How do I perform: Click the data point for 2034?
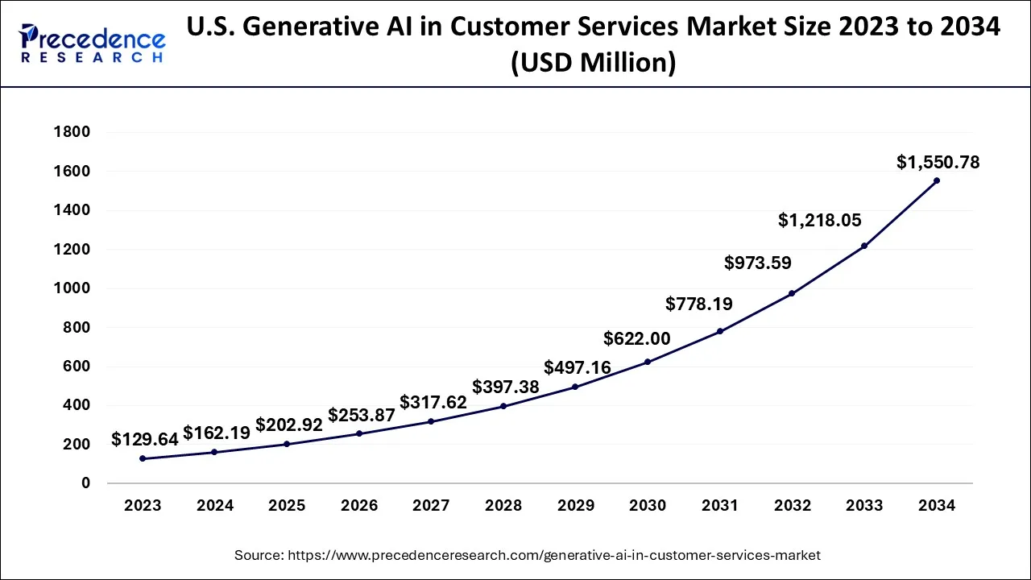click(x=937, y=180)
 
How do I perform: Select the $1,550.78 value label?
click(x=938, y=163)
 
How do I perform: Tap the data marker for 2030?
click(x=648, y=362)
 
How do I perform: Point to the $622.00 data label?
click(x=637, y=339)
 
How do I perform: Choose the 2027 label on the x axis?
click(x=431, y=506)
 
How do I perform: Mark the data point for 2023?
click(x=143, y=458)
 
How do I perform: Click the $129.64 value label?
click(x=145, y=439)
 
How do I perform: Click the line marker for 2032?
click(x=792, y=293)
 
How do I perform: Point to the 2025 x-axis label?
click(x=287, y=506)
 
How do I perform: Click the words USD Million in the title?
click(x=594, y=62)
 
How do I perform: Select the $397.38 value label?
click(x=505, y=387)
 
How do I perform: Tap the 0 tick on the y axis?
click(x=85, y=483)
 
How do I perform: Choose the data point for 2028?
click(x=503, y=406)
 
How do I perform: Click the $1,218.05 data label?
click(x=819, y=220)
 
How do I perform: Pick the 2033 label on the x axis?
click(x=864, y=506)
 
